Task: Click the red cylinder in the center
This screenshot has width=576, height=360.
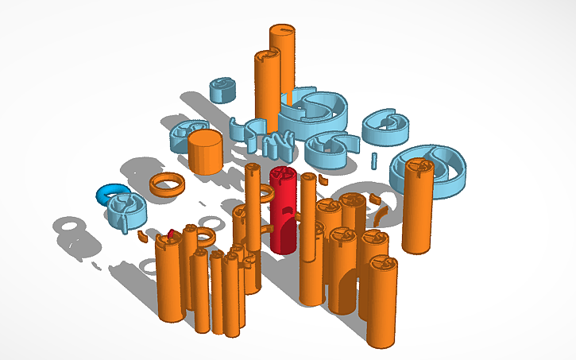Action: (x=284, y=215)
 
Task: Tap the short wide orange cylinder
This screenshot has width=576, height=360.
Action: (x=204, y=153)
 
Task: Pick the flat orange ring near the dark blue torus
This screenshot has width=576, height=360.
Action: (x=168, y=184)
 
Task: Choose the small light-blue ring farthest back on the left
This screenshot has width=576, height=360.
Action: (x=222, y=89)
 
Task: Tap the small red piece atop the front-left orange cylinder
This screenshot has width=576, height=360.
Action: (x=171, y=234)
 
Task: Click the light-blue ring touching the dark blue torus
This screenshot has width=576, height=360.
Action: (x=127, y=207)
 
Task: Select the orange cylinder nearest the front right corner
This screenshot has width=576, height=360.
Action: (x=381, y=302)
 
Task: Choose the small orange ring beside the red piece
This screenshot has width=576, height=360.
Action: (x=204, y=236)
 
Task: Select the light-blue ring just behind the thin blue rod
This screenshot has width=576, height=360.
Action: (x=387, y=126)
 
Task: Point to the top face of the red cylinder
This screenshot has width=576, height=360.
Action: (x=284, y=175)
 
